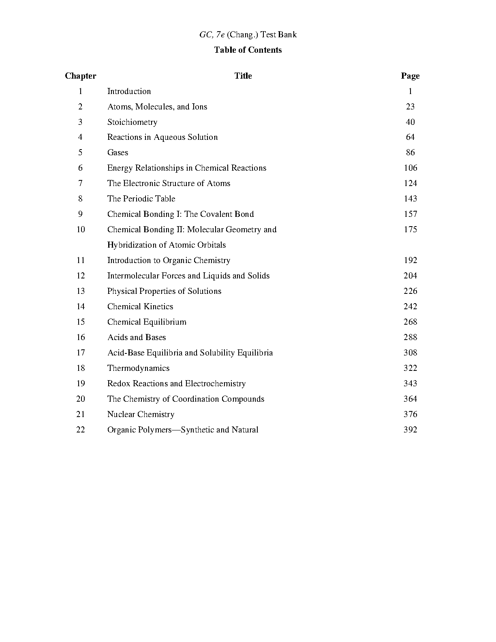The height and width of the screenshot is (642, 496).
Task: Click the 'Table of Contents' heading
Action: tap(248, 50)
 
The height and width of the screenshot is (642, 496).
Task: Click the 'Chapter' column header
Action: tap(81, 76)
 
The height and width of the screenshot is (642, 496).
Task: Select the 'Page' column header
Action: tap(410, 76)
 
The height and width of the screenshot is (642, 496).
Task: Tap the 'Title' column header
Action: tap(243, 76)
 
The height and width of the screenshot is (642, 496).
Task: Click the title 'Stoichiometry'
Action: tap(132, 122)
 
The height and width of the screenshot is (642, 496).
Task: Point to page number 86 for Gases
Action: tap(410, 152)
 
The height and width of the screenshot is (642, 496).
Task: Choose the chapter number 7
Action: tap(81, 183)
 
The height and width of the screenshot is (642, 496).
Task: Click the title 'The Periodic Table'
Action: tap(141, 199)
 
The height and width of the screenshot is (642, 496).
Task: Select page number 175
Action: tap(410, 229)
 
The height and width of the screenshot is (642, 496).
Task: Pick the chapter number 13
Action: tap(81, 291)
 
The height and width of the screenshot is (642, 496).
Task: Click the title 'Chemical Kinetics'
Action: tap(140, 306)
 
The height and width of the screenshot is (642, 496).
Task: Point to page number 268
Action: tap(410, 322)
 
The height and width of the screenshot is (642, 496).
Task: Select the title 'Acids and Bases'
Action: tap(137, 337)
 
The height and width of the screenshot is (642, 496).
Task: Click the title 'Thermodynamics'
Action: tap(138, 368)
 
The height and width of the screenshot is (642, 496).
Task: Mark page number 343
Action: tap(410, 383)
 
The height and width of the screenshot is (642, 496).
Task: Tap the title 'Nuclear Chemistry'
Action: tap(141, 414)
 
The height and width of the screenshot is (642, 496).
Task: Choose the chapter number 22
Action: tap(81, 430)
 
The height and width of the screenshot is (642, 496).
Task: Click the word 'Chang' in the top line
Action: tap(242, 35)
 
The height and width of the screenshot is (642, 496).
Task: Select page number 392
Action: tap(410, 430)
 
